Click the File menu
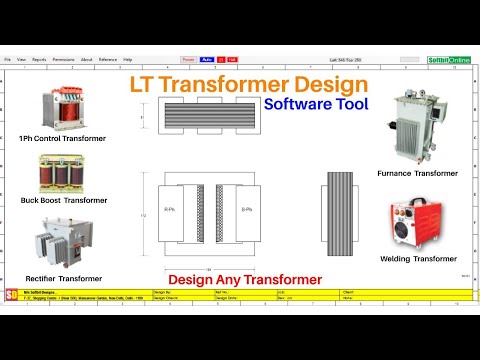coord(8,60)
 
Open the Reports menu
coord(39,60)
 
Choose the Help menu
coord(127,60)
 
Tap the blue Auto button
coord(205,60)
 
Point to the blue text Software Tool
coord(317,103)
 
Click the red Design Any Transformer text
coord(244,279)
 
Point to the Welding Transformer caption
coord(418,259)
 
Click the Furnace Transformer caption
coord(417,172)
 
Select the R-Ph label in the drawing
coord(171,210)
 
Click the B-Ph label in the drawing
coord(246,210)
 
